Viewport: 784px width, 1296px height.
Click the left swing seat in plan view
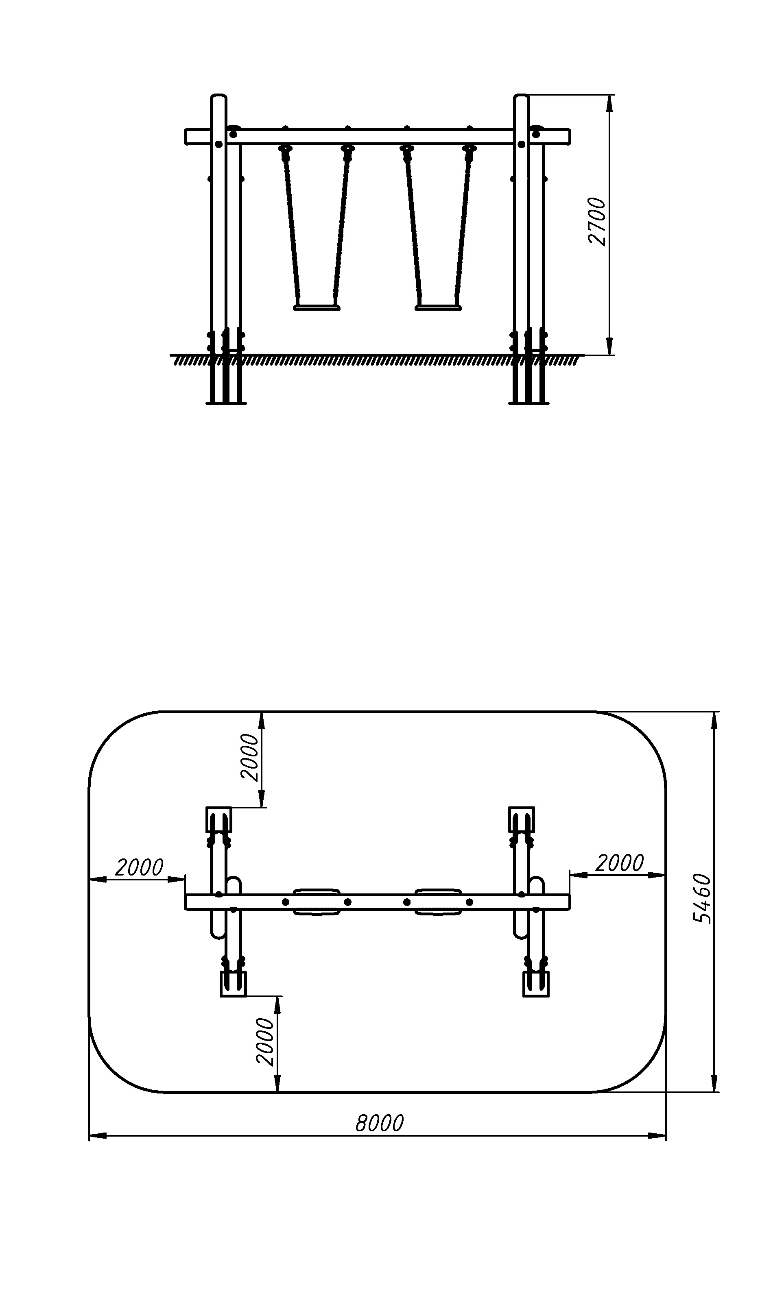coord(316,902)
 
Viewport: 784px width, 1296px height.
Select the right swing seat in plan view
coord(438,902)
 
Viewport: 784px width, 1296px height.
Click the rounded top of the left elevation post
coord(218,97)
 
